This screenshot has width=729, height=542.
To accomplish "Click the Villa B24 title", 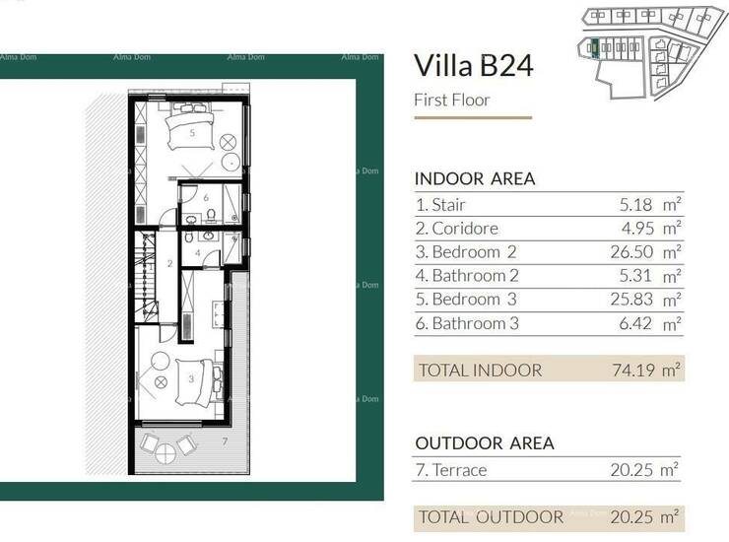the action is point(473,66).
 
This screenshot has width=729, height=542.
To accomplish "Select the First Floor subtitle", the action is point(452,101).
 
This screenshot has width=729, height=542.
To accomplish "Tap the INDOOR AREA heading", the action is point(475,178).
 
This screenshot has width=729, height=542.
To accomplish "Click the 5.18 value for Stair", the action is point(635,204).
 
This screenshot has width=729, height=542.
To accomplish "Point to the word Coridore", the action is point(465,229).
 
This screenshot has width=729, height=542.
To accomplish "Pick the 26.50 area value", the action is point(631,252).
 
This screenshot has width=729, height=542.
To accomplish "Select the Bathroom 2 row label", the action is point(467,275).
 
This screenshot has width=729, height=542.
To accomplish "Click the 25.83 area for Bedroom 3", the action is point(631,300).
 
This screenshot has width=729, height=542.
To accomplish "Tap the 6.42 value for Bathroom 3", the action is point(635,323).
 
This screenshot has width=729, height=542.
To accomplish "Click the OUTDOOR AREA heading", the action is point(485,442).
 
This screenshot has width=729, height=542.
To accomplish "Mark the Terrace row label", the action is point(451,470).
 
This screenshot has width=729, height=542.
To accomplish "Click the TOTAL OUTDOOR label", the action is point(491,517).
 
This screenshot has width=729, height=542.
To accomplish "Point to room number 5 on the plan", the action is point(192,133).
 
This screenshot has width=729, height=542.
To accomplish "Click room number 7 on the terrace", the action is point(225,441).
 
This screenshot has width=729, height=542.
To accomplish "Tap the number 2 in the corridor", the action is point(170,264).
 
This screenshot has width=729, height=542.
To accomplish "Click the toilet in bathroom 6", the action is point(211,216).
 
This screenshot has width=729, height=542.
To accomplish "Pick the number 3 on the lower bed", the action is point(191,379).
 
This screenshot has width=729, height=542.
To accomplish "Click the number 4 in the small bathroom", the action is point(198,253).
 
